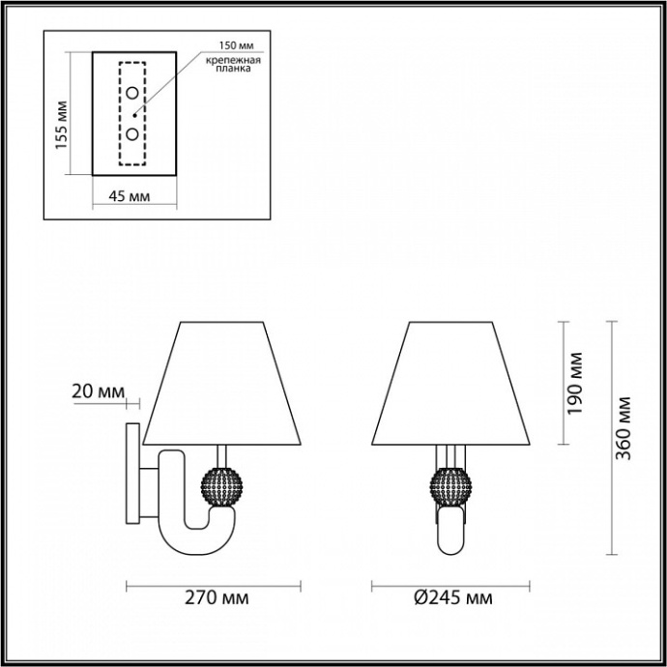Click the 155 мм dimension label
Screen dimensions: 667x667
coord(60,123)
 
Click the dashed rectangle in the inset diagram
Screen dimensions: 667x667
coord(131,114)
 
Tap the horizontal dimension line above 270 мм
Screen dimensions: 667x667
coord(215,584)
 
